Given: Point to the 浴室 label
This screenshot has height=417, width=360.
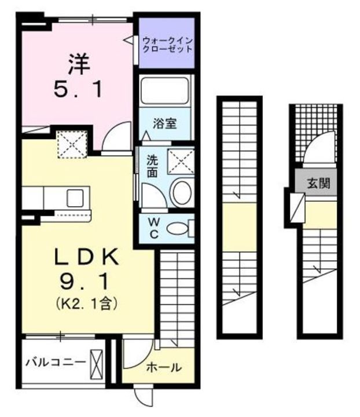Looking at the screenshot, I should pos(164,123).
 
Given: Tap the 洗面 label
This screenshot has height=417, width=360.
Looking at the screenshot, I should pos(152,164).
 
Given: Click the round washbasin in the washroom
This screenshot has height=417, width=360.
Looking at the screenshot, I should pos(182,191).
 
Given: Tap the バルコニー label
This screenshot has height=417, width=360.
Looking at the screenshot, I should pos(55,363).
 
